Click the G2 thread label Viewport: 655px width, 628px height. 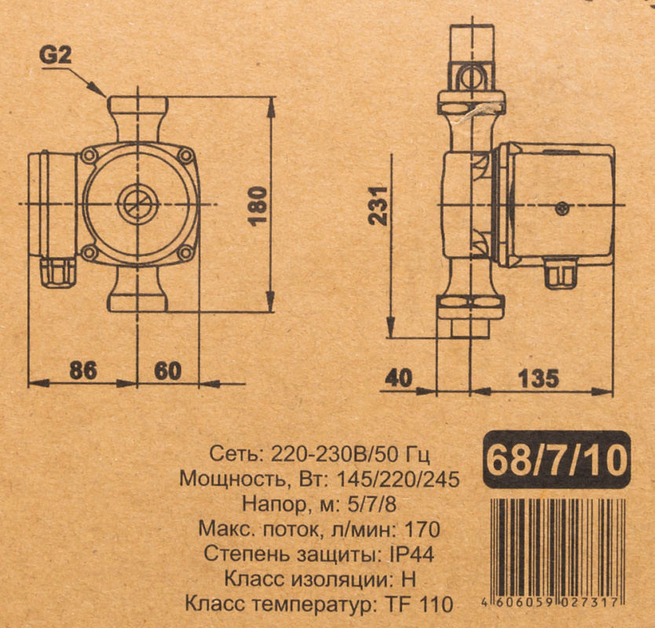56,55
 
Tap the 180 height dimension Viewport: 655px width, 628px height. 258,206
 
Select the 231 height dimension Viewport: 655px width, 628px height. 379,206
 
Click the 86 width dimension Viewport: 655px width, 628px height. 83,371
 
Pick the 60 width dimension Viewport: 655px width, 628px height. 168,371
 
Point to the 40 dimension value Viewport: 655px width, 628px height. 398,378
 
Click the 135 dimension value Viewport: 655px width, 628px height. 539,378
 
